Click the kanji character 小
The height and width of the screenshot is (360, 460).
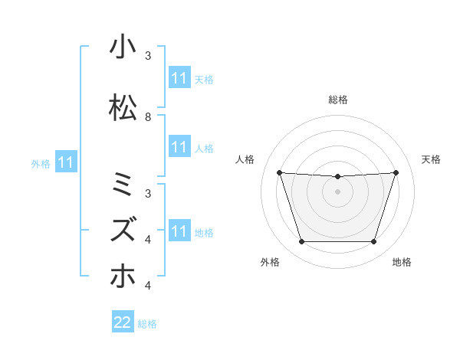123,47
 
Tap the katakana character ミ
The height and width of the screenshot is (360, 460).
123,185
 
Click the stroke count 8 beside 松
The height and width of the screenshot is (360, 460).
148,117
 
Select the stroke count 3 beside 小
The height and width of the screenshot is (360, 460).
148,56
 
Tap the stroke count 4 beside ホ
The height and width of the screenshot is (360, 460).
148,286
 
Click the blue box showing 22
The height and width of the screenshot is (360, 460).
123,322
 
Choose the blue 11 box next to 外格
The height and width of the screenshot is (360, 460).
66,162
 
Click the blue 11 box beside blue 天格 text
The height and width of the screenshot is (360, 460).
179,78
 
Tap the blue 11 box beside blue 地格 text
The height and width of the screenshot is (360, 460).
179,231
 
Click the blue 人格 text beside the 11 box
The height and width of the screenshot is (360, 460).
204,148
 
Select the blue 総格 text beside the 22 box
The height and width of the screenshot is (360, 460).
147,324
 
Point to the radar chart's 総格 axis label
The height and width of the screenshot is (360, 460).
337,100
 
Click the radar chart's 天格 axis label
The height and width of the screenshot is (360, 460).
432,159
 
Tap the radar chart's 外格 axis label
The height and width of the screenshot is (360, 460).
270,262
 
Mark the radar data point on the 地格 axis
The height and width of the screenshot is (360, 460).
373,242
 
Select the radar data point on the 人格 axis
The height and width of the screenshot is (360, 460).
279,172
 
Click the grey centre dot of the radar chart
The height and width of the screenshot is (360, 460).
337,191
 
